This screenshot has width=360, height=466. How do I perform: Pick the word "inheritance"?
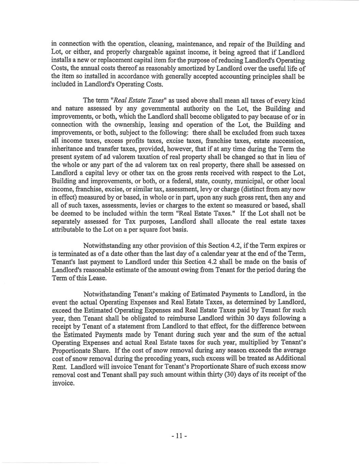point(67,149)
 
